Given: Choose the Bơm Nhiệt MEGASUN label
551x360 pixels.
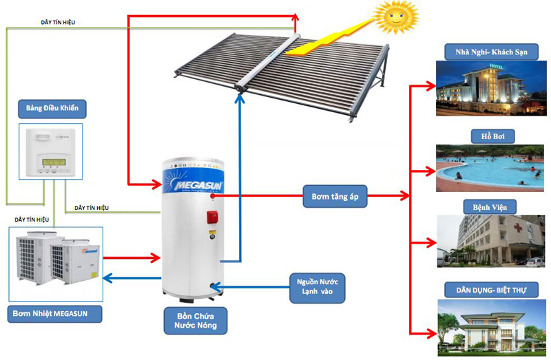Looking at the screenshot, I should tap(56, 314).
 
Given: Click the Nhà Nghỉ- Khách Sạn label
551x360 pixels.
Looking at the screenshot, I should tap(486, 52).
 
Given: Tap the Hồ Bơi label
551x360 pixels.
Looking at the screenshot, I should tap(486, 136).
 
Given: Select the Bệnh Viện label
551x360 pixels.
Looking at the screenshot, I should tap(486, 206).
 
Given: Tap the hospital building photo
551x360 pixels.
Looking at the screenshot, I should tap(486, 240).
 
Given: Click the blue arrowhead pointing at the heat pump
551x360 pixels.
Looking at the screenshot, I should tap(107, 279).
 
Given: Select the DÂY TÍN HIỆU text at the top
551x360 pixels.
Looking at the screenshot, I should tap(58, 23).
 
